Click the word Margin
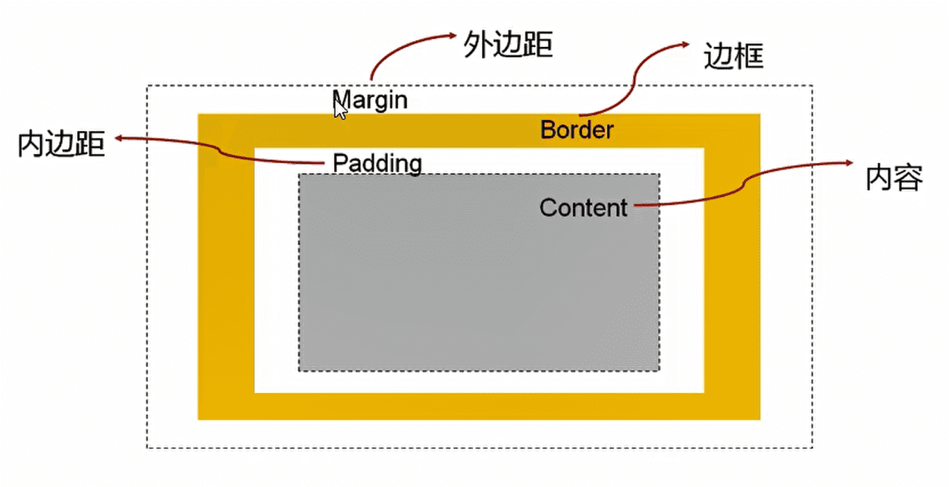click(371, 100)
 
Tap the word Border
click(577, 130)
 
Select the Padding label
click(377, 163)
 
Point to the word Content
click(584, 207)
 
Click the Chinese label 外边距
click(507, 46)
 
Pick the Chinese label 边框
click(733, 57)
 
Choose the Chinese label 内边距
click(61, 144)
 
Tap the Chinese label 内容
click(894, 178)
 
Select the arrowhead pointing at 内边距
click(120, 139)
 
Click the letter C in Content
click(547, 207)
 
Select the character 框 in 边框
click(748, 57)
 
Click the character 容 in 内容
click(909, 178)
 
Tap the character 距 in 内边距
click(90, 144)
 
